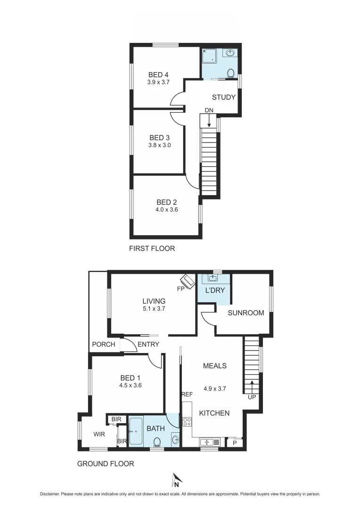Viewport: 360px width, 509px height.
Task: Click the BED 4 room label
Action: point(158,74)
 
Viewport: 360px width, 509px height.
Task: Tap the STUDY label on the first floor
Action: point(223,98)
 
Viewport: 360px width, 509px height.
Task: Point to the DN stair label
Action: point(209,110)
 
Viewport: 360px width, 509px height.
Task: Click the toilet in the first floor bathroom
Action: point(230,74)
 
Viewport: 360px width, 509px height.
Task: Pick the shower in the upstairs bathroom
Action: point(209,57)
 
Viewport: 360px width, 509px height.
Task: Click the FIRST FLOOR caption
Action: point(152,248)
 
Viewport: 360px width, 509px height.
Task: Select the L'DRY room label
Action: point(214,290)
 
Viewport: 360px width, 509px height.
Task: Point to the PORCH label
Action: point(104,344)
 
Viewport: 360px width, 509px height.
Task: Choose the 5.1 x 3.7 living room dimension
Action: point(154,309)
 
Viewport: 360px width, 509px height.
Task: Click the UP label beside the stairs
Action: point(252,397)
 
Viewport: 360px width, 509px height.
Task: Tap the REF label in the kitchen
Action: point(187,394)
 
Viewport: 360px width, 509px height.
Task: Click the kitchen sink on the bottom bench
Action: point(207,442)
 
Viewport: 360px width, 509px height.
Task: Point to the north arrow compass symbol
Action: point(176,480)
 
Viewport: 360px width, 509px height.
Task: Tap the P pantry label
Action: point(235,443)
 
